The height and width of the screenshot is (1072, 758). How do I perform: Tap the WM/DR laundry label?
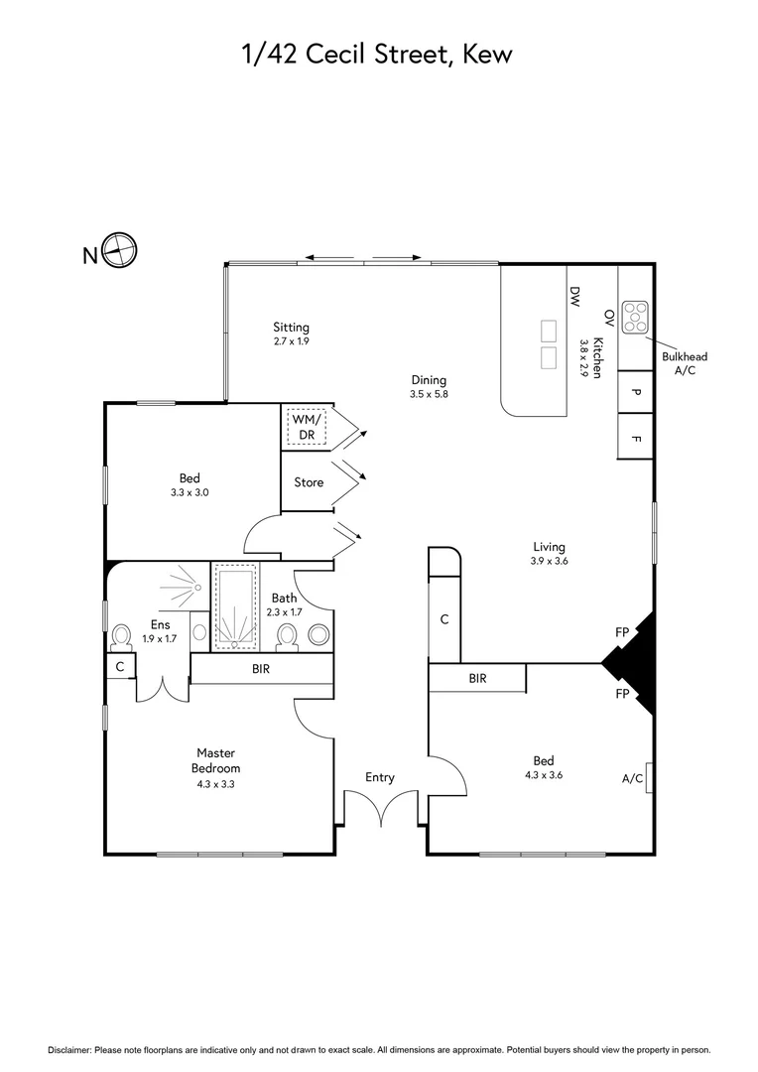click(x=303, y=427)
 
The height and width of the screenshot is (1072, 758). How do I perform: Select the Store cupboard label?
click(x=309, y=482)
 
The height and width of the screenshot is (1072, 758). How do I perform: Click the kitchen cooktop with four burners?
click(x=635, y=317)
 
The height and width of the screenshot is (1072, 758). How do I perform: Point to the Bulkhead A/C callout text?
click(x=685, y=362)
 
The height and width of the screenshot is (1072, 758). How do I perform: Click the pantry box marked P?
click(x=636, y=392)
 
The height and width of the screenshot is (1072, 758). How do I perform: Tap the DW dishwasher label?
click(x=573, y=296)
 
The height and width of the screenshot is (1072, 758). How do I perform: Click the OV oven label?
click(x=608, y=317)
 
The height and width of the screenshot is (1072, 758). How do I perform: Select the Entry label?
click(x=380, y=777)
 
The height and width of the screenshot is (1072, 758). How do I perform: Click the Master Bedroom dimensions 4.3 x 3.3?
click(x=215, y=784)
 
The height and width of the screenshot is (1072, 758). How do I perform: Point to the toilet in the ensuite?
click(x=123, y=635)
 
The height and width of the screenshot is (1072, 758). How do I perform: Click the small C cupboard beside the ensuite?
click(x=119, y=667)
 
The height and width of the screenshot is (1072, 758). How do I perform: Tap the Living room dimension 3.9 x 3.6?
click(x=549, y=561)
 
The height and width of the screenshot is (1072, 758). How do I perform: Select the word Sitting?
click(x=292, y=327)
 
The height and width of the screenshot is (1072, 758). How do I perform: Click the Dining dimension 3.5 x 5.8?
click(x=430, y=394)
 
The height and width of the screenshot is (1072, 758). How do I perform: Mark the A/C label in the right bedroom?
click(x=633, y=778)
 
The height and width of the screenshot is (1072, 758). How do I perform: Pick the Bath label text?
click(x=284, y=598)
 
